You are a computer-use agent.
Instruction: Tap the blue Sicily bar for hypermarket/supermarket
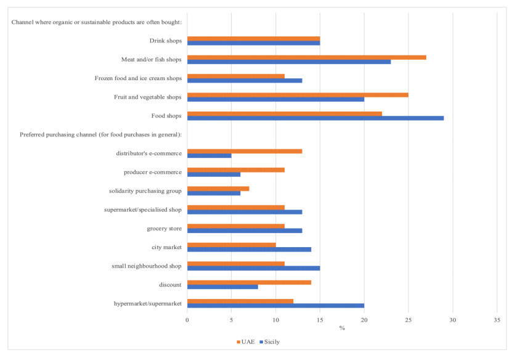[x=275, y=305]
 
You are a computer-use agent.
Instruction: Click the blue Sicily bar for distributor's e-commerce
[x=209, y=155]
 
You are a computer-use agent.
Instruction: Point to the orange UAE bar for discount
[x=249, y=282]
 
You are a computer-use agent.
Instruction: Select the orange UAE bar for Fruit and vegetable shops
[x=298, y=95]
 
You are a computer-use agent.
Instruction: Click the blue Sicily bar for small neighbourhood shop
[x=253, y=268]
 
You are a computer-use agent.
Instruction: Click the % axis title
[x=342, y=328]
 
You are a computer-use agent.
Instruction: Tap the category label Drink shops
[x=166, y=41]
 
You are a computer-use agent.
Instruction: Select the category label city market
[x=166, y=247]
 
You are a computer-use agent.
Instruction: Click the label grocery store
[x=164, y=228]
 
